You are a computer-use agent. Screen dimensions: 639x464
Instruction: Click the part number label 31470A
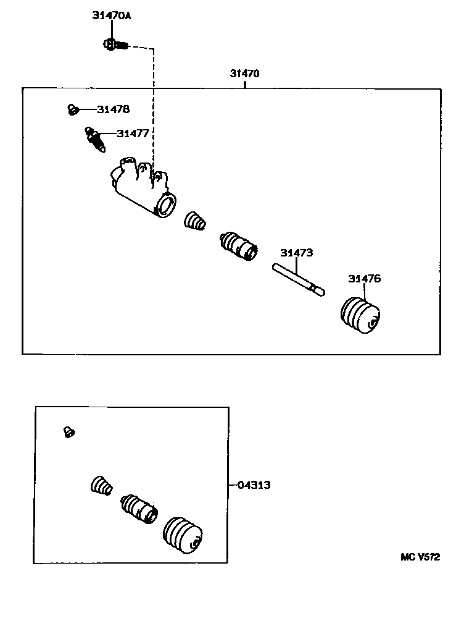coord(112,16)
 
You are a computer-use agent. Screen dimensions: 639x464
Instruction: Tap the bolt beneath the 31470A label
coord(114,44)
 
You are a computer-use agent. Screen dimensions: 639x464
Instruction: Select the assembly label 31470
coord(245,73)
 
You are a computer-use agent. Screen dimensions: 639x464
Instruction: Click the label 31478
coord(113,109)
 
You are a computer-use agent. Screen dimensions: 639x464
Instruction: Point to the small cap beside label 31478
coord(72,110)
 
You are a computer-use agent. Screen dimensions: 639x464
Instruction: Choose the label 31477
coord(132,133)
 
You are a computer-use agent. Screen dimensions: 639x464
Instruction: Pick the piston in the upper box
coord(238,246)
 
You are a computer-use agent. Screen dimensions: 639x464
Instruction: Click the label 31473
coord(296,253)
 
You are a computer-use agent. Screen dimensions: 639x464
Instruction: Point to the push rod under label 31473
coord(298,279)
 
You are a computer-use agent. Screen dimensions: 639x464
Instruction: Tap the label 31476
coord(364,279)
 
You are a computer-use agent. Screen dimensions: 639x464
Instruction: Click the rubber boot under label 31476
coord(363,316)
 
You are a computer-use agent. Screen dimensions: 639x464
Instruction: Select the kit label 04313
coord(254,485)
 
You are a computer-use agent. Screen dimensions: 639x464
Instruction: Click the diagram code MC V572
coord(420,557)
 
